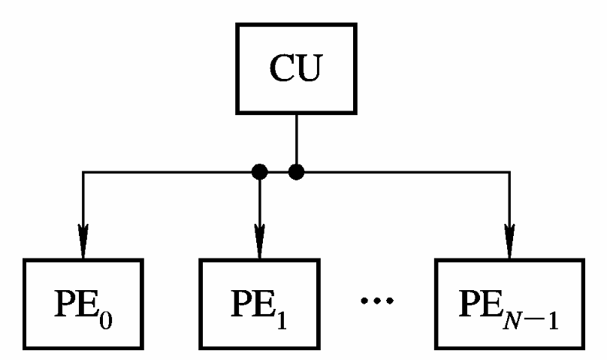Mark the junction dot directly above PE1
click(x=259, y=173)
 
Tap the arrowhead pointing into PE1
click(x=259, y=238)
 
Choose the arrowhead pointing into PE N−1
click(x=510, y=238)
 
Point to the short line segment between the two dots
click(x=278, y=173)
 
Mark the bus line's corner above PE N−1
click(x=510, y=173)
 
